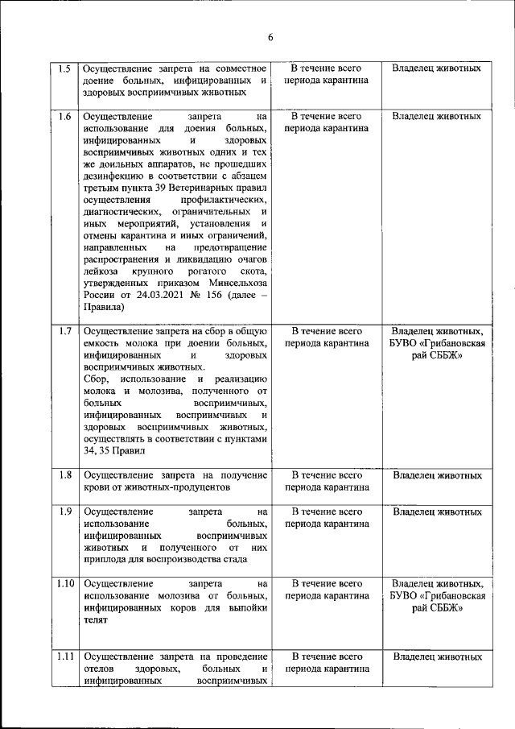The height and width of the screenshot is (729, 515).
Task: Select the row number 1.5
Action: (64, 68)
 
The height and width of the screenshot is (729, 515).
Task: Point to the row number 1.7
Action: (64, 331)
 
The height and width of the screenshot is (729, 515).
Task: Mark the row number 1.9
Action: (64, 512)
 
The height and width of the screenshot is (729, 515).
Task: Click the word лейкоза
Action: (101, 271)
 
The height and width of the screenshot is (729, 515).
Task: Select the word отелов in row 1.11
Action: (99, 669)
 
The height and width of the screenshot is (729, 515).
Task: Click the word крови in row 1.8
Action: (97, 487)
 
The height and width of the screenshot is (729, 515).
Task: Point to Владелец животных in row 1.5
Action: (437, 68)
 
